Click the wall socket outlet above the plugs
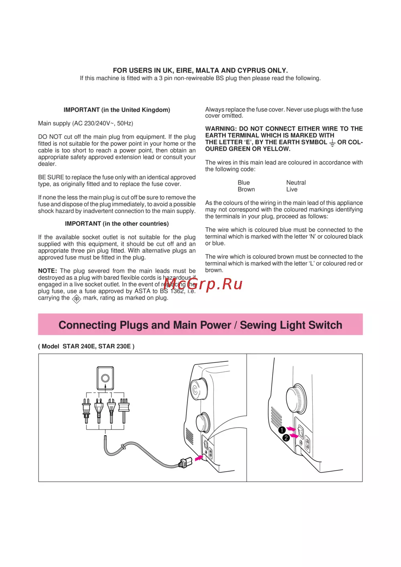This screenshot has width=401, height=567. (x=105, y=378)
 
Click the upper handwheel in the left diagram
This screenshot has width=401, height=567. (x=199, y=389)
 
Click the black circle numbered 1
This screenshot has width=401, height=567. (x=282, y=430)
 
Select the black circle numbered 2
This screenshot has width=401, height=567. (x=286, y=438)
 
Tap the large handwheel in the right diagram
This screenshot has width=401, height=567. (x=296, y=399)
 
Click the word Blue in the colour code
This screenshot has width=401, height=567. (x=243, y=183)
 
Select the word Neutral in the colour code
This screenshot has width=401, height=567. (x=296, y=183)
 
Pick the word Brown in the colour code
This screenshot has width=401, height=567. (x=246, y=190)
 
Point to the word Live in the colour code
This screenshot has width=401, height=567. (x=292, y=190)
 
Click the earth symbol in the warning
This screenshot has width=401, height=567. (x=332, y=143)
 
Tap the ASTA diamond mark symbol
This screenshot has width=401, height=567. (x=76, y=299)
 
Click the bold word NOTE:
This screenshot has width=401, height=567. (x=47, y=271)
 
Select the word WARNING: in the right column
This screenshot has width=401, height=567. (x=221, y=129)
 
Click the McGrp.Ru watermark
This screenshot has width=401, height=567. (x=203, y=284)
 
